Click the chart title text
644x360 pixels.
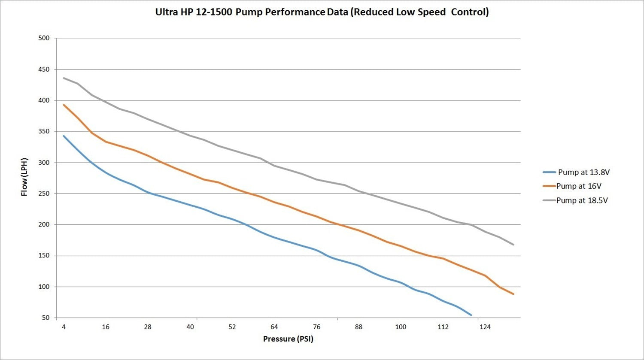click(x=322, y=12)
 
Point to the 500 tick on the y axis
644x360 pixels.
click(x=44, y=38)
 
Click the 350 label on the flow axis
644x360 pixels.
click(x=44, y=131)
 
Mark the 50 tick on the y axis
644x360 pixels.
click(x=46, y=318)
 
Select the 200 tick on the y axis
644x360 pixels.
click(x=44, y=224)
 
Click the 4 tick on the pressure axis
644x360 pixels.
click(x=64, y=327)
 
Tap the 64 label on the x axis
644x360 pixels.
click(x=274, y=327)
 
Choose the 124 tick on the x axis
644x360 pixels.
click(x=485, y=327)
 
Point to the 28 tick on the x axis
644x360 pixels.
click(x=148, y=327)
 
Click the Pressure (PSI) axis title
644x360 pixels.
click(x=288, y=339)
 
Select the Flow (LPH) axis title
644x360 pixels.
click(x=24, y=177)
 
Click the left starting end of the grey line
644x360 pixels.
click(x=64, y=78)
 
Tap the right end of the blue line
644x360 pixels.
click(x=471, y=315)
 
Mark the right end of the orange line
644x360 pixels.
click(x=513, y=294)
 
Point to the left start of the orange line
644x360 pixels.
click(x=64, y=105)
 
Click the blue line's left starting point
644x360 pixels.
click(x=64, y=136)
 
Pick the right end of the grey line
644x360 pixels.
click(x=513, y=245)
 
